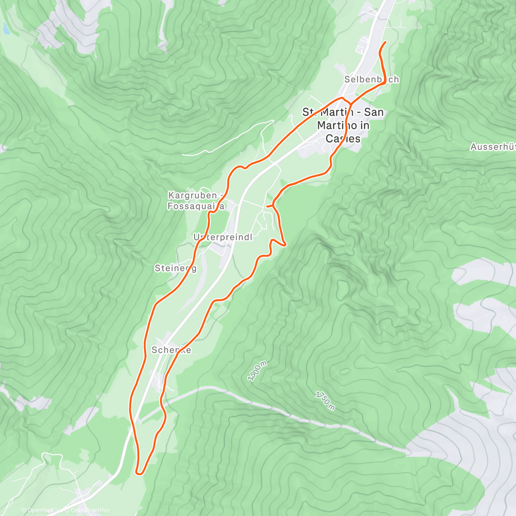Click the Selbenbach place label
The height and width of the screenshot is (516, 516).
(x=372, y=80)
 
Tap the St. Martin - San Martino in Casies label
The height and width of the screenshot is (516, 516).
(x=343, y=125)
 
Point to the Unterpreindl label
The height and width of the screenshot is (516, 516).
(x=222, y=237)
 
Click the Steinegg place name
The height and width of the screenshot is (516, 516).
(x=175, y=268)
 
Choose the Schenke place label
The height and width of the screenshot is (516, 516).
(x=171, y=350)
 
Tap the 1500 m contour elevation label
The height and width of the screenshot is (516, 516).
(x=257, y=371)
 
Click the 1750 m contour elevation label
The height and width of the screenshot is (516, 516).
(x=325, y=400)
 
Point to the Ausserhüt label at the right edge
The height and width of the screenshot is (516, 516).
(x=493, y=147)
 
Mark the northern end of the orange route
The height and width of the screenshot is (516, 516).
(x=385, y=42)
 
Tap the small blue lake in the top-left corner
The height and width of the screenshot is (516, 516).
(x=6, y=29)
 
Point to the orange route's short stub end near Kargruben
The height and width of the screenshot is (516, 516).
(x=267, y=206)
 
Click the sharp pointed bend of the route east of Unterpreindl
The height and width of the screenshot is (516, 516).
(x=285, y=244)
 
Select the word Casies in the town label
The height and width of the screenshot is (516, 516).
(x=343, y=138)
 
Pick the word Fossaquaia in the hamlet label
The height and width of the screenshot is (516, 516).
(x=196, y=206)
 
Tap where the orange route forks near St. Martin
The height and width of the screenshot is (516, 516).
(x=350, y=103)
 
